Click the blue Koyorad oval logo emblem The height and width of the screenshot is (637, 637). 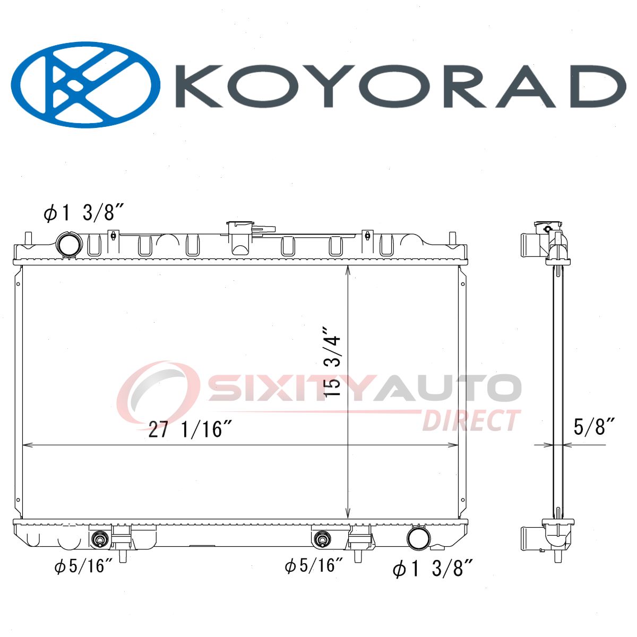coord(85,84)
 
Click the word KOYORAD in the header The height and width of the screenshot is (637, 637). coord(400,86)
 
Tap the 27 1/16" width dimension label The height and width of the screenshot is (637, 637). coord(190,429)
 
